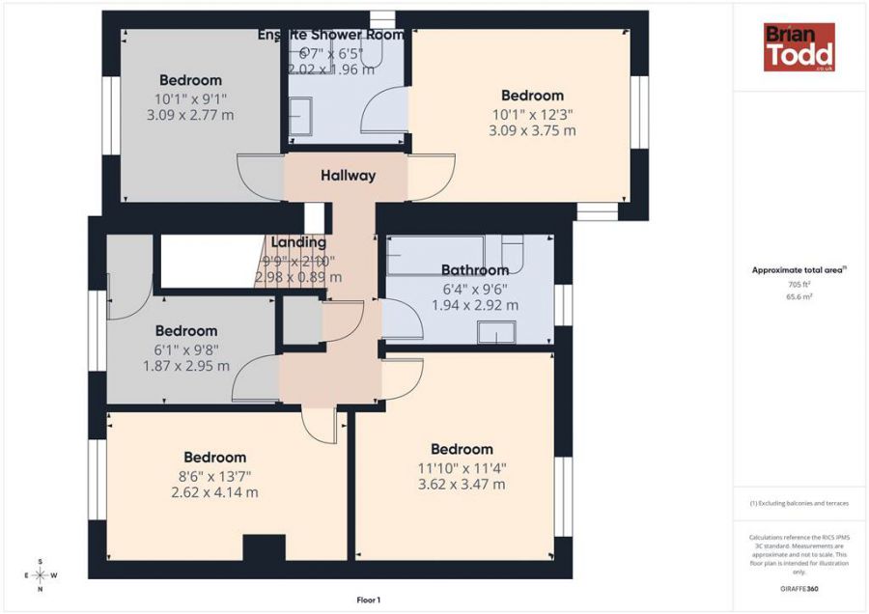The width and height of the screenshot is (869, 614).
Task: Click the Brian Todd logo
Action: click(799, 47)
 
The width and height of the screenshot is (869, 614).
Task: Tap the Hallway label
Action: click(348, 176)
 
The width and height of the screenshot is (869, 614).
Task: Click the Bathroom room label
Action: click(474, 270)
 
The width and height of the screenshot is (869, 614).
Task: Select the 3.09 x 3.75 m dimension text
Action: click(532, 130)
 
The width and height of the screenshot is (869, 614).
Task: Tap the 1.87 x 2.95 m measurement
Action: click(186, 366)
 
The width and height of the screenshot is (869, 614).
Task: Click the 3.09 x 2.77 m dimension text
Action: click(190, 115)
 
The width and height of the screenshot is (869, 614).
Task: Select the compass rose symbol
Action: click(40, 574)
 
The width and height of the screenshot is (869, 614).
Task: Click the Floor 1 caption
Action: click(369, 600)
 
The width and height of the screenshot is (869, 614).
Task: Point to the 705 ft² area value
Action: click(799, 285)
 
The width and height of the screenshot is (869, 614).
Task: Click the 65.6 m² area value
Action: click(799, 296)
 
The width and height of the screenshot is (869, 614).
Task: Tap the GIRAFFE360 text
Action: click(799, 588)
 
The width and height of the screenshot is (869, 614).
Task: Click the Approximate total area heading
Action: click(799, 270)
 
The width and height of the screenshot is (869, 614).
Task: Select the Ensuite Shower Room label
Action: click(331, 35)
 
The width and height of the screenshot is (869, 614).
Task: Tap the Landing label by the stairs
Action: click(298, 242)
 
